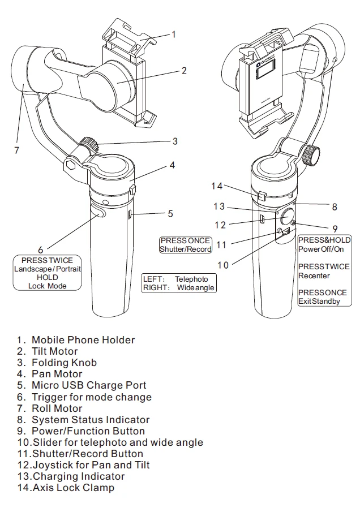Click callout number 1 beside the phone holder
(x=174, y=35)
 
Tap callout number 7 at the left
(x=16, y=150)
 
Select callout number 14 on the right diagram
(x=217, y=186)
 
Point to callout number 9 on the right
(x=335, y=229)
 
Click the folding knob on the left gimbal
(x=89, y=144)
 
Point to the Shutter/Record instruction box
(x=185, y=245)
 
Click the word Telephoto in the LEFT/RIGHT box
(x=191, y=279)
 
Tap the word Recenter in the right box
(x=314, y=275)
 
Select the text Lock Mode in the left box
(x=47, y=286)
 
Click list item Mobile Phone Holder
(x=83, y=340)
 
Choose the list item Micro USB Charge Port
(x=89, y=385)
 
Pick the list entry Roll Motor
(x=57, y=408)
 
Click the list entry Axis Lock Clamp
(x=73, y=488)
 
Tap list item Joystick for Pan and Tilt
(x=91, y=465)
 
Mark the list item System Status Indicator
(x=91, y=420)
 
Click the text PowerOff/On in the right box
(x=321, y=249)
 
